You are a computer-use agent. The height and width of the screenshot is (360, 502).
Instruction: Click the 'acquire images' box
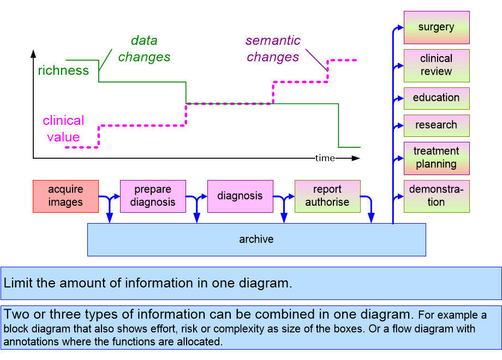click(x=65, y=196)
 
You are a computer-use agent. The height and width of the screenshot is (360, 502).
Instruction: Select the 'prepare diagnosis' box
click(x=153, y=196)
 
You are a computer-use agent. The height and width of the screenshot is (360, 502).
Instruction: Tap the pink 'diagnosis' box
click(x=240, y=196)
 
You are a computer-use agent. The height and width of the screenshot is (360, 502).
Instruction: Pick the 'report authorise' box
click(x=327, y=196)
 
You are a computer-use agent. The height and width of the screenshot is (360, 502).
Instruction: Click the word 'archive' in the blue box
click(x=256, y=239)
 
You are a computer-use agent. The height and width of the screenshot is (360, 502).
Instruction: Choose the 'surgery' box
click(x=436, y=27)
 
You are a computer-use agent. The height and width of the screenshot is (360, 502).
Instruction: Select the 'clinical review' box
click(x=436, y=65)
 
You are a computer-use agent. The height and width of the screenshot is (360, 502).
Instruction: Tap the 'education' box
click(x=436, y=98)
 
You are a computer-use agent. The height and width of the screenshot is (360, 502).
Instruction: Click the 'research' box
click(x=436, y=125)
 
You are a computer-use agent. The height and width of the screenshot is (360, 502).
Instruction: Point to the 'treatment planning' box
click(x=436, y=158)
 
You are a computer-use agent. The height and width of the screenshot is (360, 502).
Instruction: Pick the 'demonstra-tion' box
click(x=436, y=196)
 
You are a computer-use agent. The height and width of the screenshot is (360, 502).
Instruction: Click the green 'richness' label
click(x=63, y=70)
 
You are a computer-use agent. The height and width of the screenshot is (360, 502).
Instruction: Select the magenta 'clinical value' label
click(x=63, y=129)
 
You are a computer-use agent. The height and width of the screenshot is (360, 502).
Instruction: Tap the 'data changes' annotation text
click(x=144, y=49)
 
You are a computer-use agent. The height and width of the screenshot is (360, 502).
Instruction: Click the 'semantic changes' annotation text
click(x=272, y=49)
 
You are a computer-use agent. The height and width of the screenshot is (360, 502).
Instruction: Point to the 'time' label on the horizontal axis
click(x=325, y=158)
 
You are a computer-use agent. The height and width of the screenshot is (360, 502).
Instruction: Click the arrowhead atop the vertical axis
click(x=33, y=53)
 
